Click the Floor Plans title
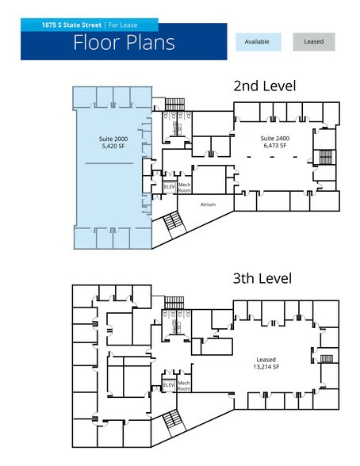point(124,43)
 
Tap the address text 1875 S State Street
point(71,25)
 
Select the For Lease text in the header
point(123,25)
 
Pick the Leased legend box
point(314,42)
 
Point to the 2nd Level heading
point(265,86)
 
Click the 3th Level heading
point(262,278)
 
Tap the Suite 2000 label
point(113,139)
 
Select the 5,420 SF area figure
point(113,146)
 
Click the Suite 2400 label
point(275,138)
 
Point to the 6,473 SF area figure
point(275,145)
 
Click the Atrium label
point(208,204)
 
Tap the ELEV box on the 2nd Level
point(170,187)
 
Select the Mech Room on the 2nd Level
point(184,187)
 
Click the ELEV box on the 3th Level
point(169,385)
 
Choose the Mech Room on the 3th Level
point(184,386)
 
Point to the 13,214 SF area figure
point(266,367)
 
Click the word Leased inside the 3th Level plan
point(266,360)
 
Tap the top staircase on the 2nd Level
point(174,105)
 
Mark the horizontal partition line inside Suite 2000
point(109,163)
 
